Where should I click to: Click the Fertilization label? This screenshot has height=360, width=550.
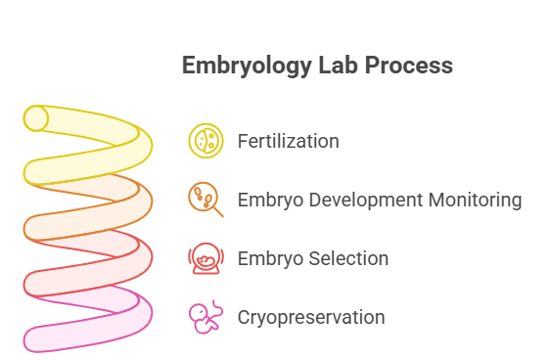pyautogui.click(x=288, y=141)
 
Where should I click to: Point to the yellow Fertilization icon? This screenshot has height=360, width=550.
pyautogui.click(x=206, y=141)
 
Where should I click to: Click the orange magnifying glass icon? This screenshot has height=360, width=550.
pyautogui.click(x=206, y=201)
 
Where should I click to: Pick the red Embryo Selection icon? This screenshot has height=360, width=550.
pyautogui.click(x=206, y=259)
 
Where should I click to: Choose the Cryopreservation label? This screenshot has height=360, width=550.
pyautogui.click(x=310, y=318)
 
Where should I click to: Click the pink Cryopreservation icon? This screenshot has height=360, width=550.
pyautogui.click(x=206, y=318)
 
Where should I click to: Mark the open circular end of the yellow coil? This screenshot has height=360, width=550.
pyautogui.click(x=37, y=118)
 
